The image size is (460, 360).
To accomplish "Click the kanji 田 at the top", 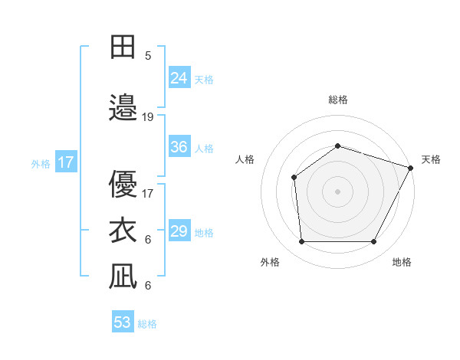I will (x=123, y=47).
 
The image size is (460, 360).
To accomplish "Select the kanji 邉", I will (x=123, y=106).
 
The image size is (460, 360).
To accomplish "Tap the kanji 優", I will (x=123, y=184).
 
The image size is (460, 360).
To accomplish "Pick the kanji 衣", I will (x=123, y=229).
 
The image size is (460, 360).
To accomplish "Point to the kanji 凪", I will (x=123, y=276).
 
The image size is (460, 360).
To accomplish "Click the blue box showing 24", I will (x=179, y=77).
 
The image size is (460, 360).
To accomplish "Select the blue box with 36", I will (x=179, y=147).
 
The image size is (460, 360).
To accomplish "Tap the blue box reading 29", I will (x=179, y=231).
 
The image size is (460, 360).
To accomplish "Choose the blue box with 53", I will (x=123, y=322).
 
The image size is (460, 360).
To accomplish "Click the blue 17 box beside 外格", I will (x=65, y=162).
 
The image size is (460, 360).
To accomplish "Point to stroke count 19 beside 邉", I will (x=148, y=117).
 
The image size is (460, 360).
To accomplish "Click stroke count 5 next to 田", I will (x=148, y=55).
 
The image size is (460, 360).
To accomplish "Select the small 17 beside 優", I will (x=148, y=194).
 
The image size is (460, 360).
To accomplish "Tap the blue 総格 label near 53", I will (x=147, y=324).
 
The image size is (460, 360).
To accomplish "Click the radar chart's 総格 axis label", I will (x=337, y=100).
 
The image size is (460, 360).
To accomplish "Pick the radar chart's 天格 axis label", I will (x=431, y=159).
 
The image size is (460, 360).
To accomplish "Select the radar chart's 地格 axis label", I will (x=402, y=262).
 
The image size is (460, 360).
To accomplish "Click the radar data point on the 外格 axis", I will (x=301, y=242).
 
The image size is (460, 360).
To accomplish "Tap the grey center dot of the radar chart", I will (x=337, y=191).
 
